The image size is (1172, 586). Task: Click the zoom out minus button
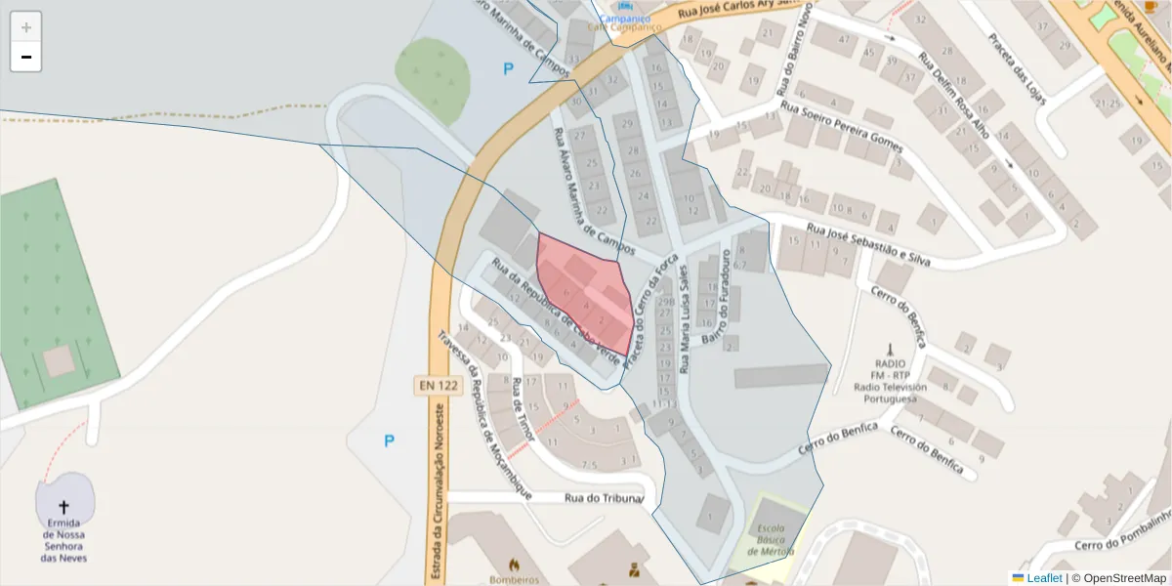coord(26,57)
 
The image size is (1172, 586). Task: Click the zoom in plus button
coord(26,26)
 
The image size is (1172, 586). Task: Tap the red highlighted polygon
coord(584,293)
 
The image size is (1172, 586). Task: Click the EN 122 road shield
coord(439,386)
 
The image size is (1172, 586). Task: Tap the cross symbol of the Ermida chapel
coord(64,507)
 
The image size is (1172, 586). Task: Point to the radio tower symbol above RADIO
coord(889,349)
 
